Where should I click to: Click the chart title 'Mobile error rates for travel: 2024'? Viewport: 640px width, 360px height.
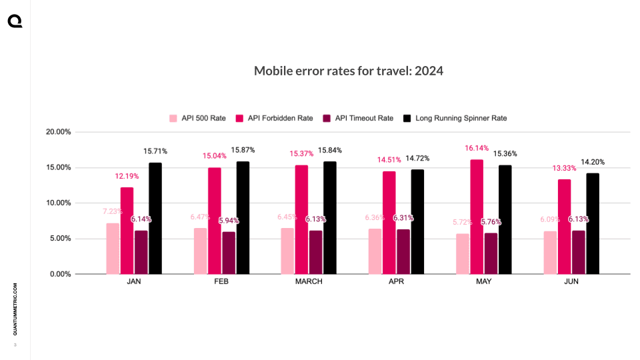349,71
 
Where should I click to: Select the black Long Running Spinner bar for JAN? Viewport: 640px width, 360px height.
155,219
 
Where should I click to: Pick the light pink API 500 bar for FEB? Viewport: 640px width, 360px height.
200,251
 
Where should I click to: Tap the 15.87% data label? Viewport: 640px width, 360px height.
243,150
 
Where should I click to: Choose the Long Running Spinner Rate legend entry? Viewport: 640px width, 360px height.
456,119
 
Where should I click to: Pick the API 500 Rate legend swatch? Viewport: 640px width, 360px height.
173,119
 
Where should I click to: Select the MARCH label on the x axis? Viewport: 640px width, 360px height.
309,282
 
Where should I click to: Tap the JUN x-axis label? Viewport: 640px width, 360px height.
571,282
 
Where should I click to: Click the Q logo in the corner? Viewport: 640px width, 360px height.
15,22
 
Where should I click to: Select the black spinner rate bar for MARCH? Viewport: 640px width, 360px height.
330,218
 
